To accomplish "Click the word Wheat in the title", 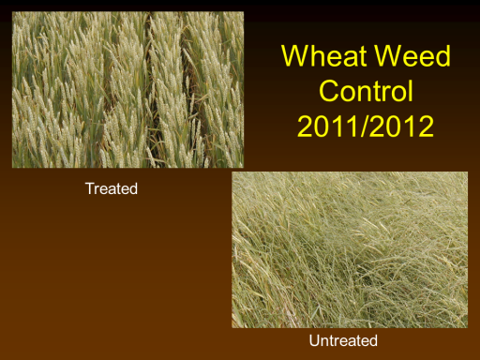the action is point(324,56).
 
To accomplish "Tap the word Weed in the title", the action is point(412,56).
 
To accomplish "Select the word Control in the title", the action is point(366,91).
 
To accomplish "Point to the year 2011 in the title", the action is point(328,126).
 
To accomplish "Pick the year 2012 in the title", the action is point(402,126).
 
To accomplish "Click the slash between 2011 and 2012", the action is point(365,126).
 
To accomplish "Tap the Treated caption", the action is point(112,188).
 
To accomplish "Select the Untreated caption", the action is point(343,340).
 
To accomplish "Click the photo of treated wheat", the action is point(127,90).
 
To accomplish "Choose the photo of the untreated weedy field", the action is point(350,249).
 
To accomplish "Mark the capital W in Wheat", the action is point(296,56).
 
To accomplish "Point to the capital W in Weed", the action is point(389,56).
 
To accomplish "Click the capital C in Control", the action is point(329,91).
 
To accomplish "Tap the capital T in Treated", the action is point(90,188).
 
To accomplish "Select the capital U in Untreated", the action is point(314,340).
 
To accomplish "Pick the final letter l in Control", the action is point(411,90).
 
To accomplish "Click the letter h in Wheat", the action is point(320,56).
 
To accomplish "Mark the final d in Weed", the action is point(442,56).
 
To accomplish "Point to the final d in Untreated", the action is point(373,340).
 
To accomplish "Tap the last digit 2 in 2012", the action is point(426,126).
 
